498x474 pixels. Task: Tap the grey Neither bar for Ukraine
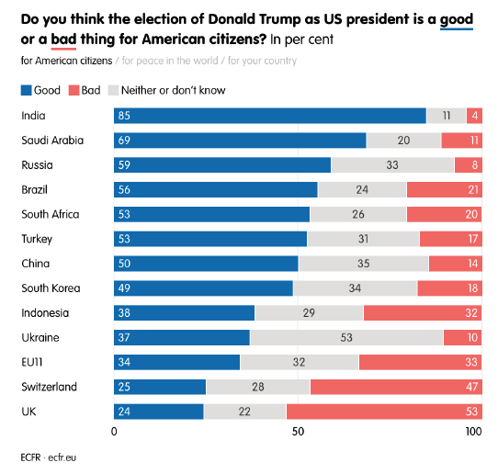point(346,337)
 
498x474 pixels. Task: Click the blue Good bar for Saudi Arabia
point(240,141)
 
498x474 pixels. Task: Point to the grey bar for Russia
point(392,165)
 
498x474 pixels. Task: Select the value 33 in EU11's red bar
point(470,362)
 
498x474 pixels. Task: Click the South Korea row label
point(51,288)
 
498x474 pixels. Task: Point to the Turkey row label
point(38,239)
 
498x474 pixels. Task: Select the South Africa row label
point(51,214)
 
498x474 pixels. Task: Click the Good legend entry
point(40,90)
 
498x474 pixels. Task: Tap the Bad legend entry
point(88,90)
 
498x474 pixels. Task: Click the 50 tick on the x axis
point(297,432)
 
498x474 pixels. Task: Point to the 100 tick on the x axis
point(472,432)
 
